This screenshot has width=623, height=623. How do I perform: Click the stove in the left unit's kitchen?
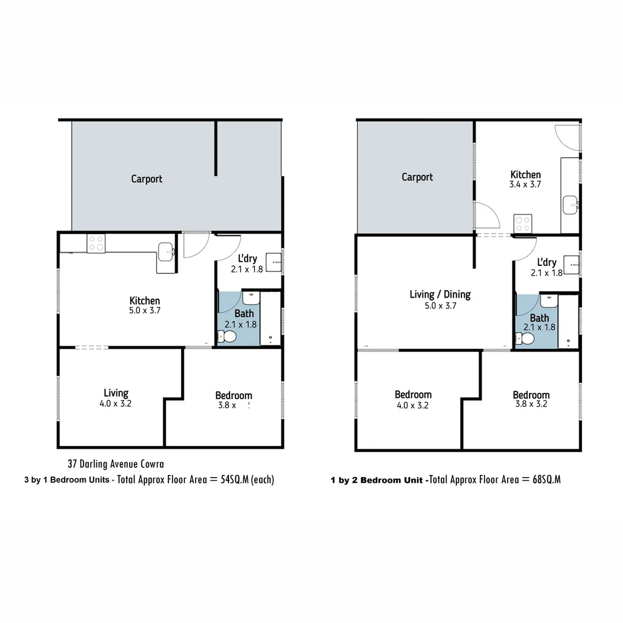96,243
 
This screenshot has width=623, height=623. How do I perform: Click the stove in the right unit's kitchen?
522,223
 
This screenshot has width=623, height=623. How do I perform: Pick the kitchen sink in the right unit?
571,204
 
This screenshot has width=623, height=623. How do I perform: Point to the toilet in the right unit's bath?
526,339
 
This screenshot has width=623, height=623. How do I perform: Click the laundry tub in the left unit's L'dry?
273,262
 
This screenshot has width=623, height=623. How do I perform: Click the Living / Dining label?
440,294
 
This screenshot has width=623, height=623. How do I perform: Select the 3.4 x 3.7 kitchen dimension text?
526,185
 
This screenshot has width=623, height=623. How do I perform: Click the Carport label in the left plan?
147,179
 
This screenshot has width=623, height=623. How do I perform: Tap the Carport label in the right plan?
417,177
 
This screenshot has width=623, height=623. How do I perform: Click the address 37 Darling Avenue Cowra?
115,464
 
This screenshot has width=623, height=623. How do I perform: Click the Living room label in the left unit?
116,393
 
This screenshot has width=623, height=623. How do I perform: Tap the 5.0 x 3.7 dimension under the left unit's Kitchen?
145,310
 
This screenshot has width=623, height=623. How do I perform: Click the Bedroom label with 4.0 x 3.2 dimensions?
413,395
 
